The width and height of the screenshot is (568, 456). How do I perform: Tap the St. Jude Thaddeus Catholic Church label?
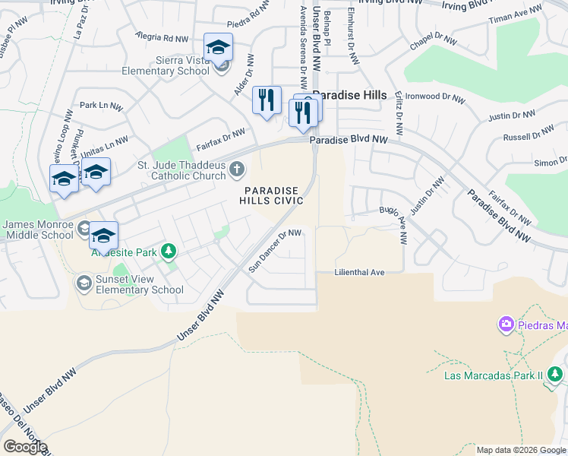click(x=181, y=170)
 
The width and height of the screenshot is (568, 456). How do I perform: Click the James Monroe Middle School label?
click(x=38, y=230)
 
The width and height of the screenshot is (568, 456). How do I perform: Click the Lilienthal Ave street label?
click(x=360, y=272)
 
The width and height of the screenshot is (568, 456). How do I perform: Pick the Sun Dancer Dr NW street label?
click(x=276, y=251)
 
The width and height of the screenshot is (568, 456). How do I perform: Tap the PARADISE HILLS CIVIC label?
click(x=271, y=195)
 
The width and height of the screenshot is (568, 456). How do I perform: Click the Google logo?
click(x=25, y=447)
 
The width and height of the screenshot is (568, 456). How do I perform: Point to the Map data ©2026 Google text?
click(x=521, y=450)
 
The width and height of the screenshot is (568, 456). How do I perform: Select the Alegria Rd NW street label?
click(x=162, y=36)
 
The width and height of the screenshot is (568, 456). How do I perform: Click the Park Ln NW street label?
click(x=101, y=106)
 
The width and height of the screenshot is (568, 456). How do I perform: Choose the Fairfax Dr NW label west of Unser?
click(x=221, y=140)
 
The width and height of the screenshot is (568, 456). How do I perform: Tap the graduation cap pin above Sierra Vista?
click(x=218, y=49)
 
